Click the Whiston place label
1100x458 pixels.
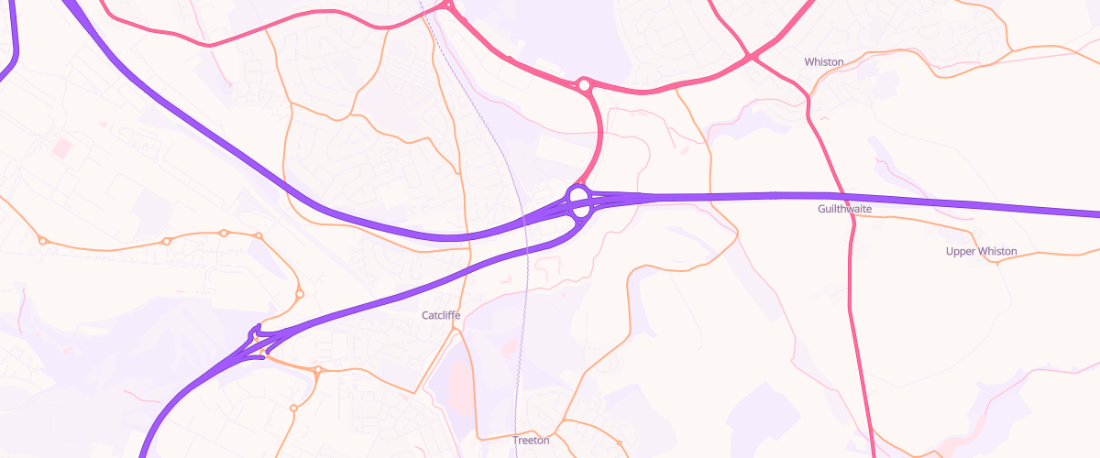tap(823, 62)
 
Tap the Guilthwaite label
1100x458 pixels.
tap(844, 210)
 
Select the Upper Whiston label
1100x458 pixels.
tap(982, 252)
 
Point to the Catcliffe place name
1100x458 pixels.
tap(441, 316)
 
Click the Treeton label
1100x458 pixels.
tap(531, 441)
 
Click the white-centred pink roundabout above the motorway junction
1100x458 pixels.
tap(584, 85)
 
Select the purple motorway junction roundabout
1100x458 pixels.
tap(580, 202)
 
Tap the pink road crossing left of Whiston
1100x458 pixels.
tap(752, 58)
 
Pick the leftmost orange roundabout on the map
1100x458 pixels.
tap(42, 241)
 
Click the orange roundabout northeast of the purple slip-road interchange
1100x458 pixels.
tap(300, 294)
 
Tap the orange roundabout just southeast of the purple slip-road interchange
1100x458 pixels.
tap(317, 371)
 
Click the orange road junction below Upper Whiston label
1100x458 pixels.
tap(998, 262)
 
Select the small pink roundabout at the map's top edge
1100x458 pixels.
tap(447, 5)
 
